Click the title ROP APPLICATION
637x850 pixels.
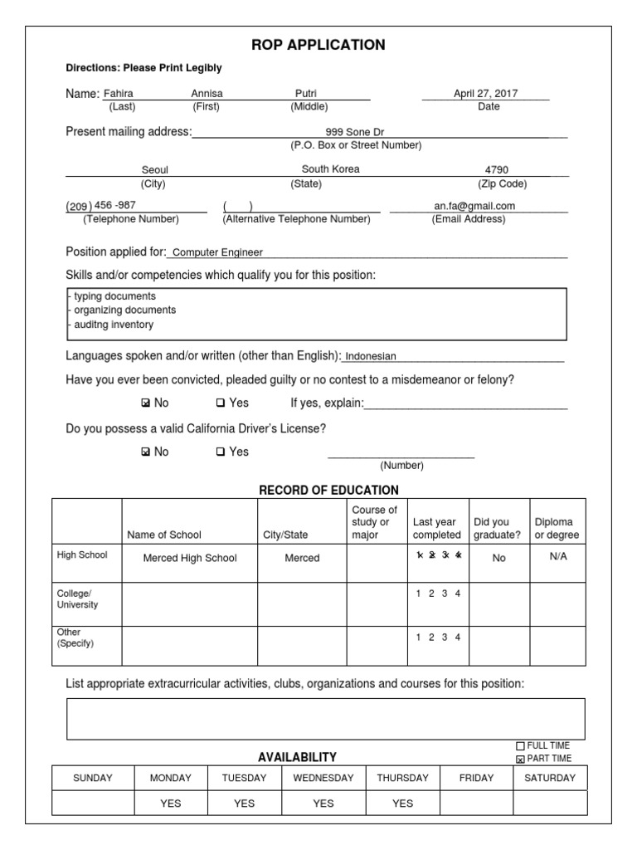(x=318, y=45)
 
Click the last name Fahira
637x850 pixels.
(x=118, y=94)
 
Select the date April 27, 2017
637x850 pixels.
(x=485, y=94)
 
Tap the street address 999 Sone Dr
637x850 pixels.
(x=355, y=132)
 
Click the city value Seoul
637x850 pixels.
(x=155, y=170)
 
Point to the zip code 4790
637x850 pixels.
(x=497, y=170)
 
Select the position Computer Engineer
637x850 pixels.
(x=216, y=252)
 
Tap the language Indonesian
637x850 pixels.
(x=371, y=356)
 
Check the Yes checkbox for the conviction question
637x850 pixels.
(x=221, y=403)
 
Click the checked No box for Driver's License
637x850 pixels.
(x=146, y=452)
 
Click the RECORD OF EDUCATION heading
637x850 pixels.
(x=329, y=490)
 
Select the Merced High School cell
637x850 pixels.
(x=190, y=558)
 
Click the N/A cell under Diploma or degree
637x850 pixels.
(x=557, y=557)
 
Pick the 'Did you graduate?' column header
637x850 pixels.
(x=498, y=529)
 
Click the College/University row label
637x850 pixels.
(x=77, y=599)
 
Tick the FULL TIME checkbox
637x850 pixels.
(x=521, y=745)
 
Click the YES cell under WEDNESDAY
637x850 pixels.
(x=323, y=804)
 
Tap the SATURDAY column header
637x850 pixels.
(x=549, y=779)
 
